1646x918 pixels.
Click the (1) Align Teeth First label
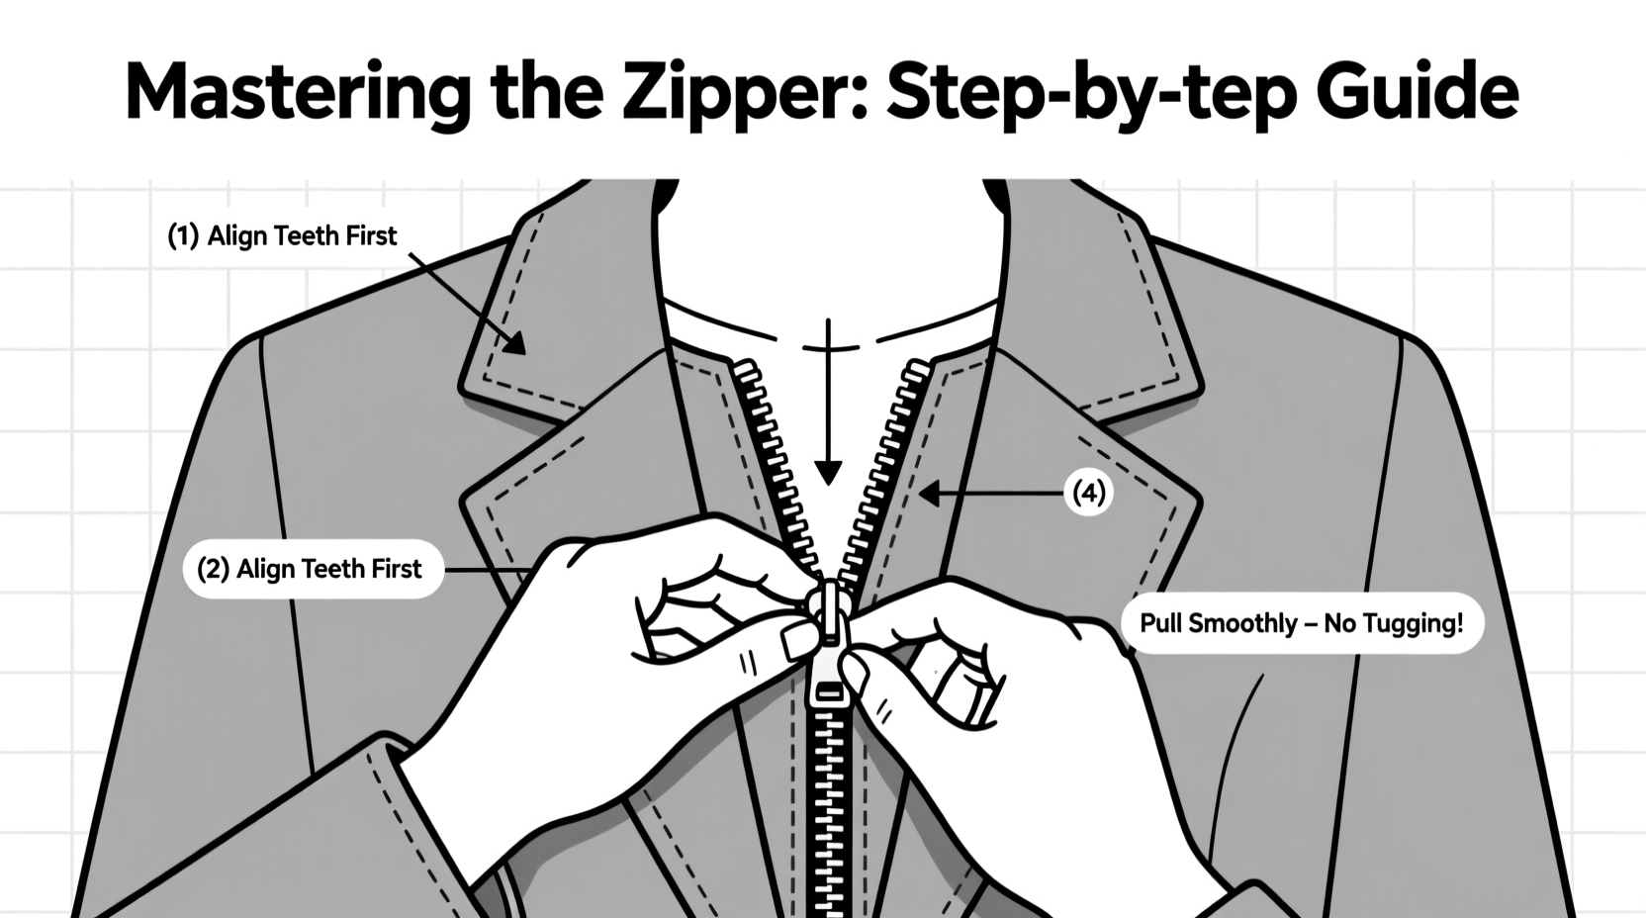pyautogui.click(x=282, y=235)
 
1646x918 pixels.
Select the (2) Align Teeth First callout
pyautogui.click(x=313, y=569)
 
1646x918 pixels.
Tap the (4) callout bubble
pyautogui.click(x=1088, y=492)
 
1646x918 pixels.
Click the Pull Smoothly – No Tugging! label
pyautogui.click(x=1301, y=623)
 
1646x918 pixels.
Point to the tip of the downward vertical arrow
pyautogui.click(x=828, y=481)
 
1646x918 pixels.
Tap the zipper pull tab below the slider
pyautogui.click(x=827, y=683)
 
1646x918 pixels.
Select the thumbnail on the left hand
pyautogui.click(x=798, y=642)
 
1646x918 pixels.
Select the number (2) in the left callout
pyautogui.click(x=214, y=569)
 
